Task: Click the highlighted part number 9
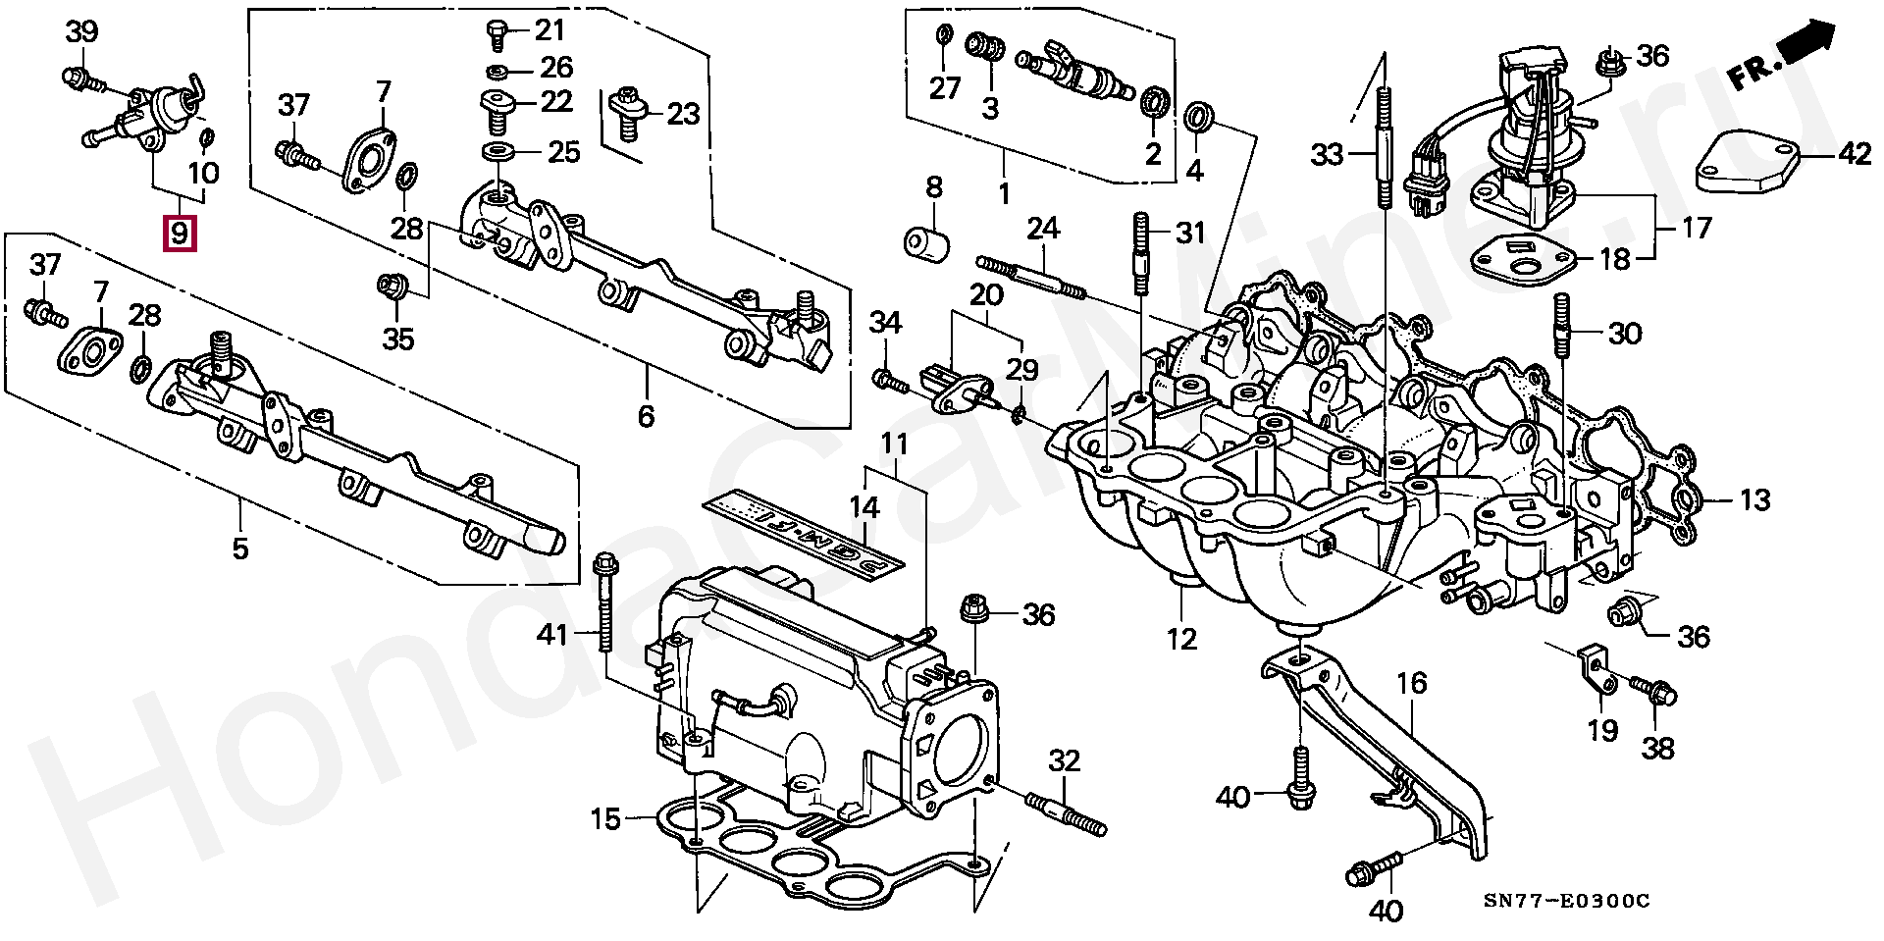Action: coord(180,234)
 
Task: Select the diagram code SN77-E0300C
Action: coord(1566,901)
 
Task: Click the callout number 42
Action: coord(1854,153)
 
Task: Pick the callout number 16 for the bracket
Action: coord(1411,683)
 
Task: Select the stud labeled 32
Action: coord(1066,815)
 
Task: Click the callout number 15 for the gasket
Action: coord(605,818)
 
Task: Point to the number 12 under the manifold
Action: coord(1181,639)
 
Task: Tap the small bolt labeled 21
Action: coord(497,35)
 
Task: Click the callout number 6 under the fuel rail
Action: coord(646,416)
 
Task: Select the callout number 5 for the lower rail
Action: coord(240,548)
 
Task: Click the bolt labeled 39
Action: coord(84,78)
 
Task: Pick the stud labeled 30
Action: coord(1561,333)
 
